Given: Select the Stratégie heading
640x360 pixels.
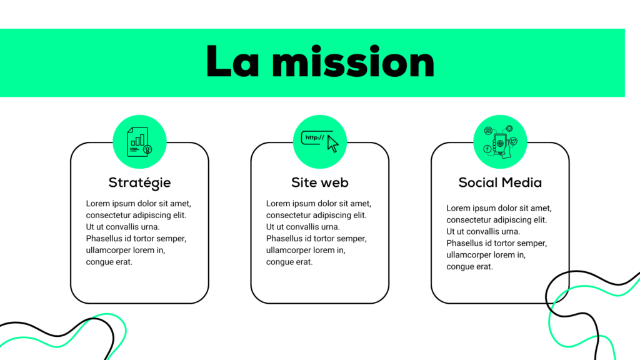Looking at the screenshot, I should click(139, 182).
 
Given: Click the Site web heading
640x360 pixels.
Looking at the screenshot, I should click(319, 182).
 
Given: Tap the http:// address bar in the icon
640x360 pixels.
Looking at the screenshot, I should click(314, 137).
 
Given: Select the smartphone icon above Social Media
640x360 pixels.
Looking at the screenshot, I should click(499, 143).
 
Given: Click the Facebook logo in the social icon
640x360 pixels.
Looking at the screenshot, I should click(487, 149).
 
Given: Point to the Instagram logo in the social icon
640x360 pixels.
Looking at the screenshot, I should click(488, 131).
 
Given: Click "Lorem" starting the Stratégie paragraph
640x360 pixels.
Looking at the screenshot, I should click(98, 204).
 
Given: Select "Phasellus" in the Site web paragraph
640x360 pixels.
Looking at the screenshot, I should click(284, 239).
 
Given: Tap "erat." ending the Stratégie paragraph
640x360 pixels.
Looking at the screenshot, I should click(123, 262).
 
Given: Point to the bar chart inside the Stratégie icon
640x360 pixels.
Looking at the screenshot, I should click(138, 138).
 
